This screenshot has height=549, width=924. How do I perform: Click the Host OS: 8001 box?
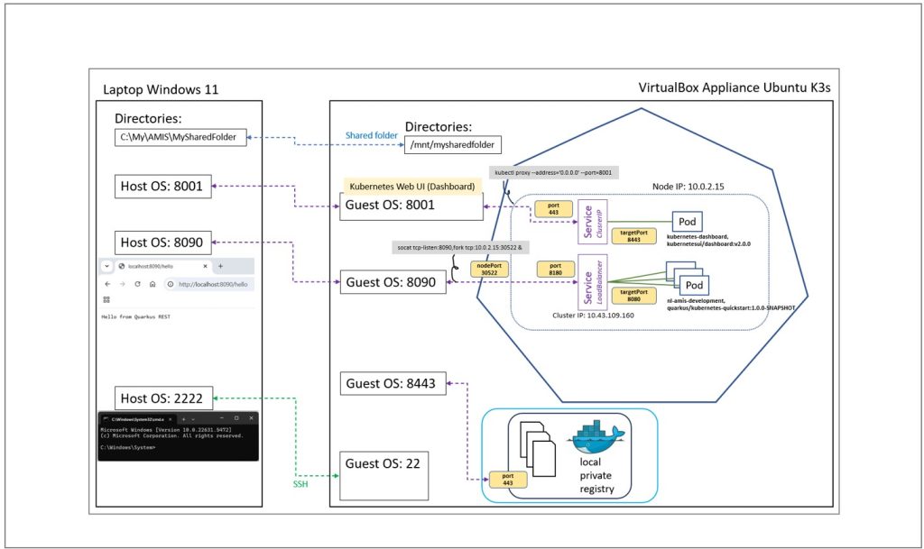[x=167, y=187]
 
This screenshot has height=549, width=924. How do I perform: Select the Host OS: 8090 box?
[x=167, y=242]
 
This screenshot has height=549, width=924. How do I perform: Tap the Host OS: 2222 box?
[x=167, y=398]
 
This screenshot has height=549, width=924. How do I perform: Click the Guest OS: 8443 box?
[x=391, y=384]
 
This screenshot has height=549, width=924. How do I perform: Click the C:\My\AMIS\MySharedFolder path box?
[x=180, y=137]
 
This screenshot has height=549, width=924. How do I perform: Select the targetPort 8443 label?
[x=633, y=236]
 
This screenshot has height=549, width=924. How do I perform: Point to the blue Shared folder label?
[x=371, y=135]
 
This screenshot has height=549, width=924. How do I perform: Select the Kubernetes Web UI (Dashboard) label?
[x=412, y=185]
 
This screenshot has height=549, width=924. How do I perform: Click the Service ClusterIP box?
[x=590, y=220]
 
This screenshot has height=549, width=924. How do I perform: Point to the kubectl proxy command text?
[x=553, y=171]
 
